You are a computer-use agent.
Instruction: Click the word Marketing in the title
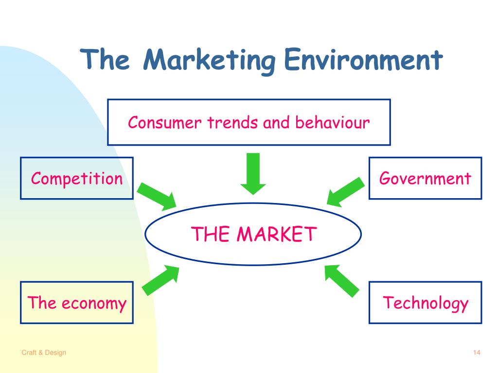209,61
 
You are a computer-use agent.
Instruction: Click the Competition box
76,178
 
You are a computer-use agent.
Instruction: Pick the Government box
425,178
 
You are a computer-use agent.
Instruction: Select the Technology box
425,302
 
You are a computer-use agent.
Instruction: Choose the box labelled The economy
76,302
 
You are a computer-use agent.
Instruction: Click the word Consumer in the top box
164,122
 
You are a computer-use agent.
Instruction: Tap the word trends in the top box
232,122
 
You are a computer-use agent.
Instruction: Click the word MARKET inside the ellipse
277,234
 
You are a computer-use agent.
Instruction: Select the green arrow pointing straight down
253,174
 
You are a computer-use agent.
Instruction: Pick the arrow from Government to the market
346,192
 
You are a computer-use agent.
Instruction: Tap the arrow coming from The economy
160,280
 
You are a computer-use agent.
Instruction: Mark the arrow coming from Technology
342,281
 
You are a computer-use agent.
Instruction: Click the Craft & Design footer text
44,353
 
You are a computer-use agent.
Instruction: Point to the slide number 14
477,353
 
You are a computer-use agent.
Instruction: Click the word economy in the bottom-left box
94,304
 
